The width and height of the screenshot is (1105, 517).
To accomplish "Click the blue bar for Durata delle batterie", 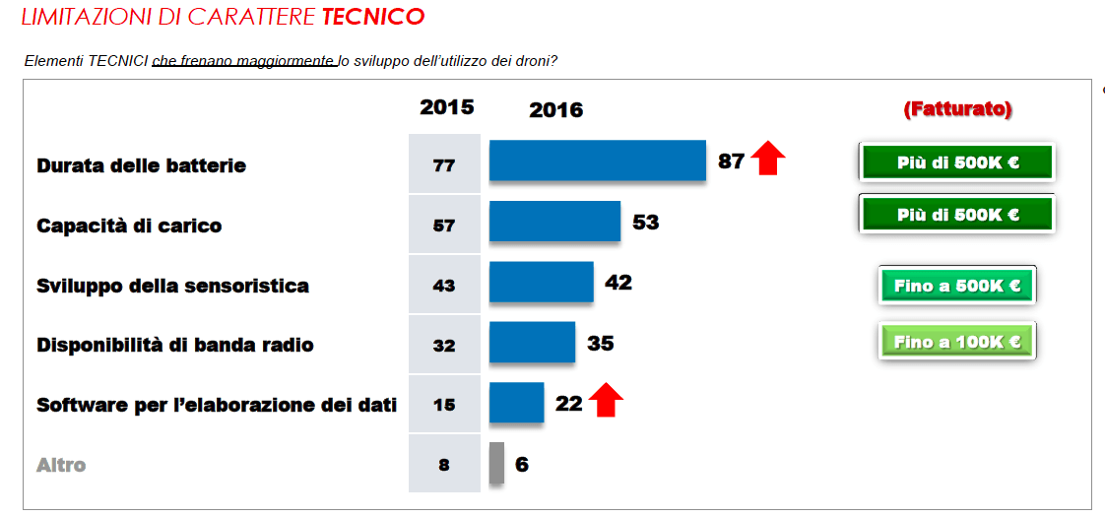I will coord(597,161).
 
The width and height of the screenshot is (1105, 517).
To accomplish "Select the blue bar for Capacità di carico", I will coord(554,221).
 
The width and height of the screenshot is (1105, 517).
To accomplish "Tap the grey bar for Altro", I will coord(496,464).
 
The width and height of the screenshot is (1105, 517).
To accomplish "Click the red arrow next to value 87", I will coord(768,158).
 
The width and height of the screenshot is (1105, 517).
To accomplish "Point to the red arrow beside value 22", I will coord(607,400).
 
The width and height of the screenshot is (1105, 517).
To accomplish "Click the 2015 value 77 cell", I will coord(444,164).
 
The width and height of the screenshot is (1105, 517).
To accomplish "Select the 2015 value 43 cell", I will coord(444,286).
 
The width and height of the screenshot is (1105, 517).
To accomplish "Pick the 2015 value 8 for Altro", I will coord(444,464).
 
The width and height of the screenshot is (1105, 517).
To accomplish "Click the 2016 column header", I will coord(555,110).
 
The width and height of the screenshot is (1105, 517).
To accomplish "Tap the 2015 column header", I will coord(446,107).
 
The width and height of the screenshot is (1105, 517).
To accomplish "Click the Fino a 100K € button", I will coord(956,342).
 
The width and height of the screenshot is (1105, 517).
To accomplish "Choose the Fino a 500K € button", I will coord(956,286).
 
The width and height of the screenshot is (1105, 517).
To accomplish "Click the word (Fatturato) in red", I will coord(957,109).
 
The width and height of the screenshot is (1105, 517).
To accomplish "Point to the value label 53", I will coord(645,223).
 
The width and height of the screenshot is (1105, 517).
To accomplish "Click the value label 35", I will coord(600,343).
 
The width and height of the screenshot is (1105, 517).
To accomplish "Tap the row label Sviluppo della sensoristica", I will coord(172,286).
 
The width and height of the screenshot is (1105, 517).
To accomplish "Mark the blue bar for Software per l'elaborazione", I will coord(516,402).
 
